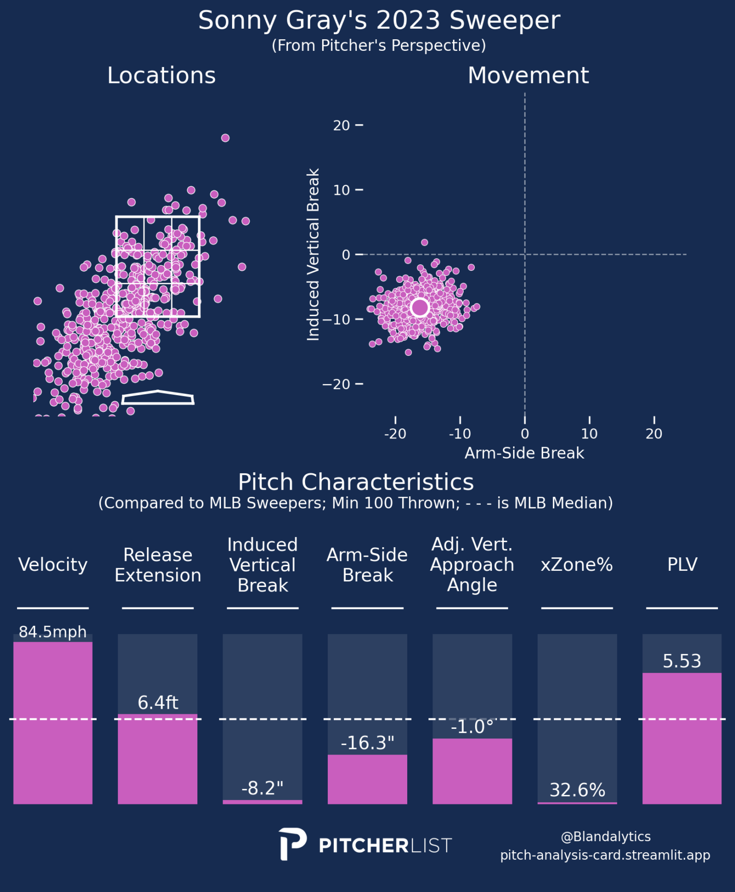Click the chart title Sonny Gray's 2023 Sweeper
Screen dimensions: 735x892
pyautogui.click(x=379, y=21)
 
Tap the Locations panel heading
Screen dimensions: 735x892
pyautogui.click(x=162, y=76)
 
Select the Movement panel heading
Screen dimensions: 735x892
pyautogui.click(x=528, y=76)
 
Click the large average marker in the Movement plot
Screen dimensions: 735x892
pyautogui.click(x=419, y=307)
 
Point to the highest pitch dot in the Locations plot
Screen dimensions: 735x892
pyautogui.click(x=225, y=138)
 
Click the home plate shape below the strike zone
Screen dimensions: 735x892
pyautogui.click(x=158, y=397)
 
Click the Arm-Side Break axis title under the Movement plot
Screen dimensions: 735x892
pyautogui.click(x=524, y=453)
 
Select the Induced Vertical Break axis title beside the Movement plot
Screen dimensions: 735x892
pyautogui.click(x=313, y=255)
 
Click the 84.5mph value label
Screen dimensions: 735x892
pyautogui.click(x=53, y=632)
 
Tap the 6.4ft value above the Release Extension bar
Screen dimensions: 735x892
pyautogui.click(x=158, y=703)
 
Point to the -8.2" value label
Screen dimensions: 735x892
pyautogui.click(x=262, y=788)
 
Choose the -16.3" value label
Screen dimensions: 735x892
pyautogui.click(x=367, y=743)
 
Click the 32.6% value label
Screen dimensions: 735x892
pyautogui.click(x=577, y=790)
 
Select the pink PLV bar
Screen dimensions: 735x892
pyautogui.click(x=682, y=738)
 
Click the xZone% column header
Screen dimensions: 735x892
pyautogui.click(x=577, y=565)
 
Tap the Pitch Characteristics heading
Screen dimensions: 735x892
pyautogui.click(x=356, y=482)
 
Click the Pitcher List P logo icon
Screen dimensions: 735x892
pyautogui.click(x=292, y=844)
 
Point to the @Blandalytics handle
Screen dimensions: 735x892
pyautogui.click(x=606, y=837)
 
